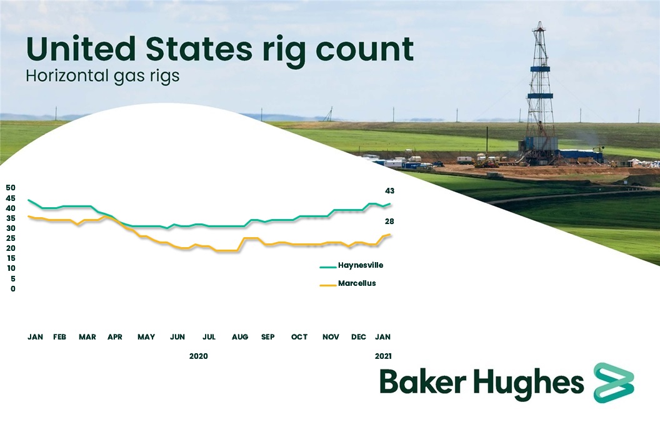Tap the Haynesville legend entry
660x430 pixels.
pos(360,265)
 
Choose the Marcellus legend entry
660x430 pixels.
pos(356,283)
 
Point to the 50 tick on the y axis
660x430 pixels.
pos(10,188)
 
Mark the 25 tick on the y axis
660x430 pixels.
pos(10,238)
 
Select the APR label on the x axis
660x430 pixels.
pos(115,337)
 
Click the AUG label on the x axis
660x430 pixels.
pos(240,337)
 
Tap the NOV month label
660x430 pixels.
pos(331,337)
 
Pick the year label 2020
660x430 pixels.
pos(198,356)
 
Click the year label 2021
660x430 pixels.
pos(382,356)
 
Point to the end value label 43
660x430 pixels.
pos(389,191)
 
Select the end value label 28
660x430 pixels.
pos(389,222)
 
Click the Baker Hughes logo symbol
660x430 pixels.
pos(613,382)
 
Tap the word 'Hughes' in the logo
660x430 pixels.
pos(530,382)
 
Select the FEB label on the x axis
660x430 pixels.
pos(59,337)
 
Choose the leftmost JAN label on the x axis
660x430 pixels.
pos(35,337)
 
